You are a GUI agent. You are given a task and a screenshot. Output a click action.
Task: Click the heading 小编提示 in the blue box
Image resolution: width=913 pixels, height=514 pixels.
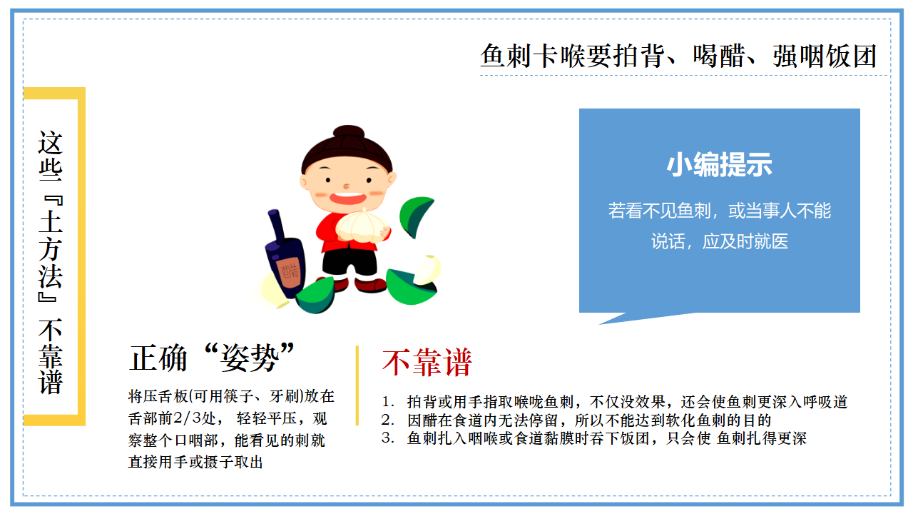pyautogui.click(x=720, y=165)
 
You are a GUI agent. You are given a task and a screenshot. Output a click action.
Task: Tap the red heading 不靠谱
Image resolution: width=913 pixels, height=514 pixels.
pyautogui.click(x=427, y=362)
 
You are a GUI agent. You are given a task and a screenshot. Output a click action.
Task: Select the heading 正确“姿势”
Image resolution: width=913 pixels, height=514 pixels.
pyautogui.click(x=212, y=358)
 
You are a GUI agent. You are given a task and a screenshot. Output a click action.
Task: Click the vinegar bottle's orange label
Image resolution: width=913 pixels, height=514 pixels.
pyautogui.click(x=289, y=271)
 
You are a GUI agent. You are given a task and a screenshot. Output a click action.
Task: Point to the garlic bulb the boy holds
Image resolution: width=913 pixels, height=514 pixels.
pyautogui.click(x=362, y=226)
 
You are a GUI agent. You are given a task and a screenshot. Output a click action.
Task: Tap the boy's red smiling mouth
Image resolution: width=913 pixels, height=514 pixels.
pyautogui.click(x=347, y=198)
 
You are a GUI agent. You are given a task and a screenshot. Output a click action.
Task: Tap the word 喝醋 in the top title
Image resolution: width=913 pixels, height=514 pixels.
pyautogui.click(x=719, y=56)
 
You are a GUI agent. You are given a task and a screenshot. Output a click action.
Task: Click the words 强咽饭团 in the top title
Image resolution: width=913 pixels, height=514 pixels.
pyautogui.click(x=824, y=56)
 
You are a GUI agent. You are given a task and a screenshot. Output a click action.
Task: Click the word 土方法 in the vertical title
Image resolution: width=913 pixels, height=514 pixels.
pyautogui.click(x=51, y=249)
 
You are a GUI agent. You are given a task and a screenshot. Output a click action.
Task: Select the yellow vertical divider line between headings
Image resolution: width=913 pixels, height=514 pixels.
pyautogui.click(x=357, y=386)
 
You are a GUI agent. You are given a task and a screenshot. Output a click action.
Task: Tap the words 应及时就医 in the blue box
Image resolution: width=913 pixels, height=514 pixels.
pyautogui.click(x=745, y=241)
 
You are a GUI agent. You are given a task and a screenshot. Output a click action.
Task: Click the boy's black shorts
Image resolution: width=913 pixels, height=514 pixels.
pyautogui.click(x=350, y=262)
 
